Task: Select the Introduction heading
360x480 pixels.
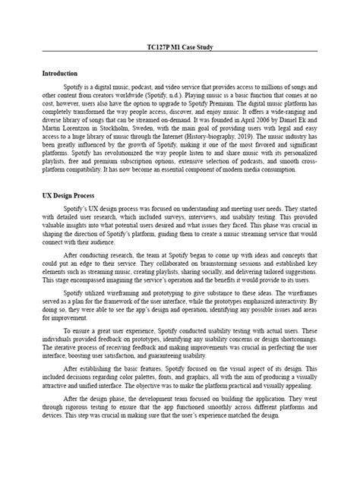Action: [x=61, y=74]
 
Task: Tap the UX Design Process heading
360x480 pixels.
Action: [x=68, y=194]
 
